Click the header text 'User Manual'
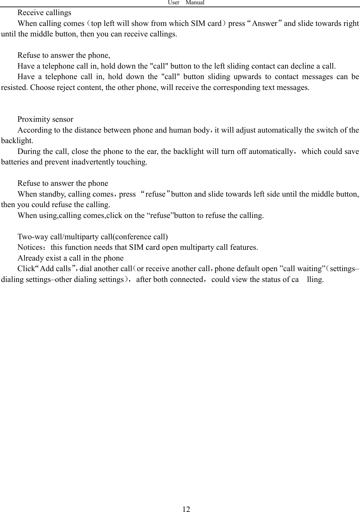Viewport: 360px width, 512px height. click(186, 3)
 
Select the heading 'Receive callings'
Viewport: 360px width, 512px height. click(44, 13)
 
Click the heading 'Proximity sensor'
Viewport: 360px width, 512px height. click(45, 119)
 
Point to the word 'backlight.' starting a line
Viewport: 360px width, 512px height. click(17, 141)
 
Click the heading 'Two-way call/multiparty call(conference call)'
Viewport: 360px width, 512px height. click(93, 237)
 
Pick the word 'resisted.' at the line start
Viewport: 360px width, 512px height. click(15, 88)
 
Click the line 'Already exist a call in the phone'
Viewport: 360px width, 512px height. click(71, 258)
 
